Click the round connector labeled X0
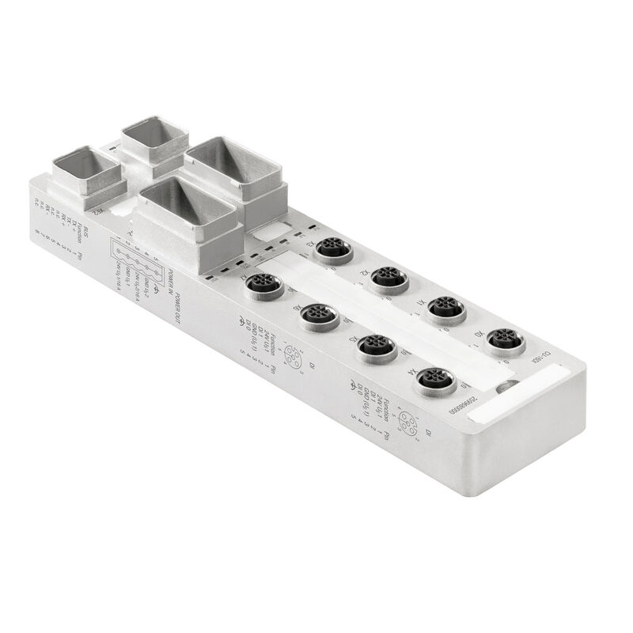pyautogui.click(x=506, y=340)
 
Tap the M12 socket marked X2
pyautogui.click(x=389, y=277)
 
